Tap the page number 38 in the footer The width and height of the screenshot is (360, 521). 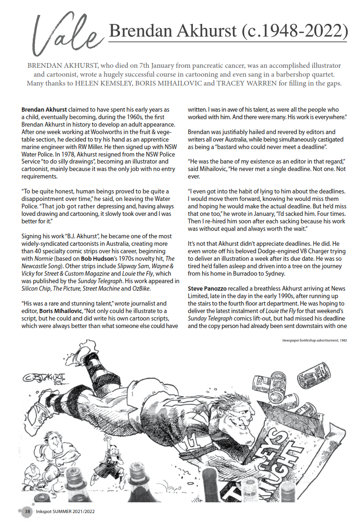[x=28, y=512]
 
